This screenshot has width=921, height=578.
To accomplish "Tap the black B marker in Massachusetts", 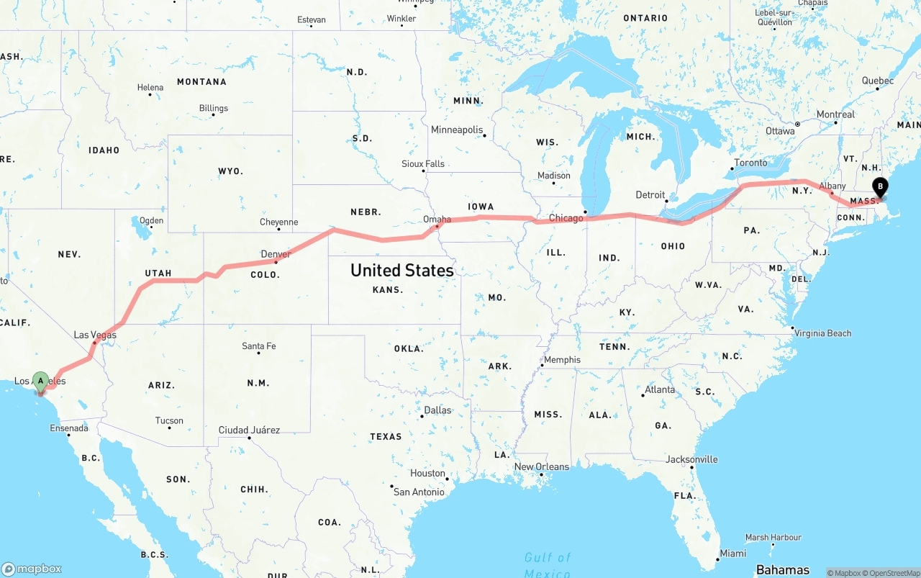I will (879, 187).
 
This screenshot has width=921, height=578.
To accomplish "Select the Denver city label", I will (276, 254).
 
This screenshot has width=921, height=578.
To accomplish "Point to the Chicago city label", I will (566, 218).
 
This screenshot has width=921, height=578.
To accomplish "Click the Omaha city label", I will (437, 220).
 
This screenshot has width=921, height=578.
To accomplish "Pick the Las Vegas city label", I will (95, 335).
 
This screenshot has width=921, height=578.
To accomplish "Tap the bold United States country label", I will (401, 271).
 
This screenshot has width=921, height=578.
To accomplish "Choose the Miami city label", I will (733, 553).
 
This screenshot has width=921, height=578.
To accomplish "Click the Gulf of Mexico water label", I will (548, 564).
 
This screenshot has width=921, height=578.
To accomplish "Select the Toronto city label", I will (750, 163).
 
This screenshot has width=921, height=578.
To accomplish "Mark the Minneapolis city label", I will (457, 130).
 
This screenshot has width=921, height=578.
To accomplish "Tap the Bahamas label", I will (782, 569).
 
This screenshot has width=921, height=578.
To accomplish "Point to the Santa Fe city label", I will (258, 346).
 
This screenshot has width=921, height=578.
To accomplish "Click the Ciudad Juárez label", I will (249, 430).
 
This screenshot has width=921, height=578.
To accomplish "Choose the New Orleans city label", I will (541, 467).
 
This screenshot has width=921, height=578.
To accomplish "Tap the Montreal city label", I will (835, 114).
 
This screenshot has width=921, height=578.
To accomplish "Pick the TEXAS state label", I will (386, 436).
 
